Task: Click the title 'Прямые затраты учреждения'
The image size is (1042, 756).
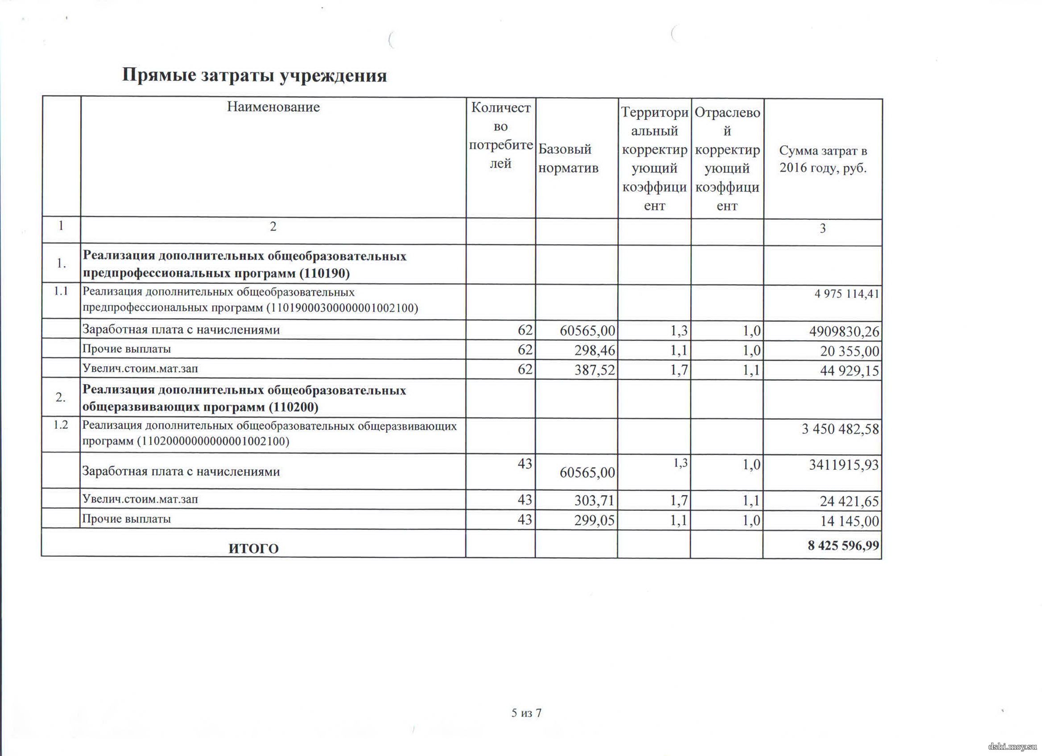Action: click(254, 76)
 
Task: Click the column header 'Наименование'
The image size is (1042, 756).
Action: click(273, 107)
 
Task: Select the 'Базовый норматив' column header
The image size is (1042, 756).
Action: click(568, 158)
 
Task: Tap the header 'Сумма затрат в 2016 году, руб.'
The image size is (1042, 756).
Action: click(823, 159)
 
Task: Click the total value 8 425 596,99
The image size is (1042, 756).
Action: click(843, 545)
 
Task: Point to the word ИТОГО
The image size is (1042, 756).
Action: click(254, 548)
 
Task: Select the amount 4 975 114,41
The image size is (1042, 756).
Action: click(846, 293)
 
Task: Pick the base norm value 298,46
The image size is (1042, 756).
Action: click(594, 350)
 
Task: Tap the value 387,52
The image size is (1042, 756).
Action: click(594, 370)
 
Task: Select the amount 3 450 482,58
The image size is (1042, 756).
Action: click(840, 429)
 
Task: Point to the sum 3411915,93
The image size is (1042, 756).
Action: click(844, 465)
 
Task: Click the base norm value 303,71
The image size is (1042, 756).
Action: click(594, 500)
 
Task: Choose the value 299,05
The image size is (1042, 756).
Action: click(594, 520)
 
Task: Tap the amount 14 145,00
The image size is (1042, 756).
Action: click(849, 521)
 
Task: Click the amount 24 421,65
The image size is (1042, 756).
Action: click(849, 501)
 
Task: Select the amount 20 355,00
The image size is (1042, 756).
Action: click(849, 351)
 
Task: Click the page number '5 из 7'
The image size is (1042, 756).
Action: click(527, 712)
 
